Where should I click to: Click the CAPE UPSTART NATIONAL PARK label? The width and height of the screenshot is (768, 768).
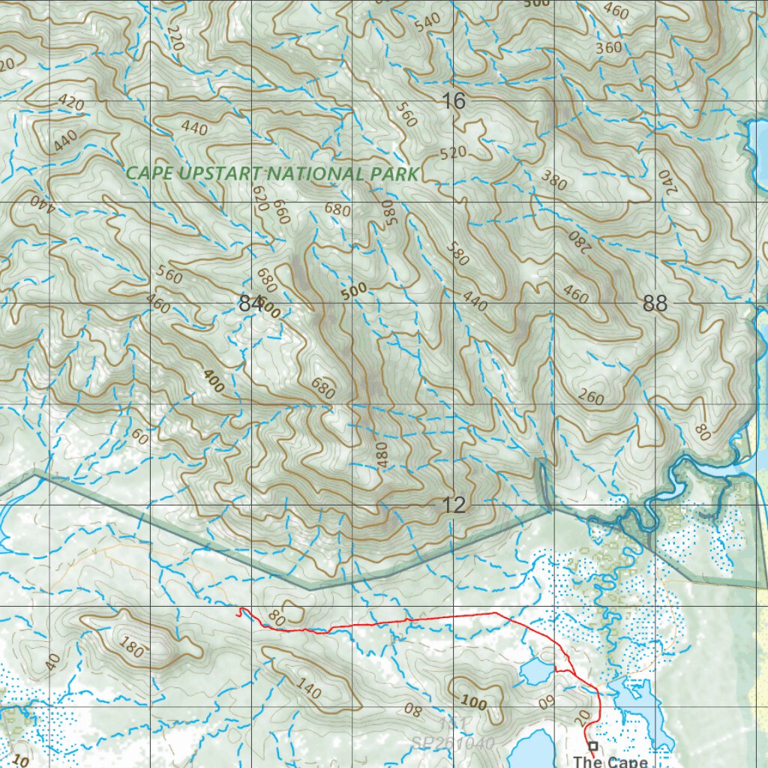(x=271, y=172)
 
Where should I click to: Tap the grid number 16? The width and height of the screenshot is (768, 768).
(x=454, y=100)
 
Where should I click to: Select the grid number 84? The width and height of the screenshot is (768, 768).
(x=250, y=304)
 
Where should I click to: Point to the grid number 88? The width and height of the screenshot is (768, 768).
(x=655, y=304)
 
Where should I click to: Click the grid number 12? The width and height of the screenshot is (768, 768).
(x=454, y=505)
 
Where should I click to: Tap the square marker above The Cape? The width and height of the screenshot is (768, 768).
(x=593, y=745)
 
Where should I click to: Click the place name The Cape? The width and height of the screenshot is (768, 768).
(x=610, y=761)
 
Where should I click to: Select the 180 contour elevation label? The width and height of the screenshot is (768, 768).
(x=131, y=647)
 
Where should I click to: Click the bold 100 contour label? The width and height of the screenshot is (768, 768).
(x=473, y=703)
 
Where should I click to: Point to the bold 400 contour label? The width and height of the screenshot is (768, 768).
(x=213, y=382)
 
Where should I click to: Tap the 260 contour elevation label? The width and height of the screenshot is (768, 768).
(x=591, y=397)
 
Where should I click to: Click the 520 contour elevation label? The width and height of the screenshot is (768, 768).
(x=453, y=153)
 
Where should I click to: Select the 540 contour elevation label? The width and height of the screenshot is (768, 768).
(x=427, y=21)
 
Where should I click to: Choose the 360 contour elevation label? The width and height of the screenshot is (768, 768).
(x=608, y=48)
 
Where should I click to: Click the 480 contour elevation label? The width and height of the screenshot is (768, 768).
(x=383, y=455)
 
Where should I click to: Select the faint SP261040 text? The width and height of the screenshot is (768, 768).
(x=453, y=743)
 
